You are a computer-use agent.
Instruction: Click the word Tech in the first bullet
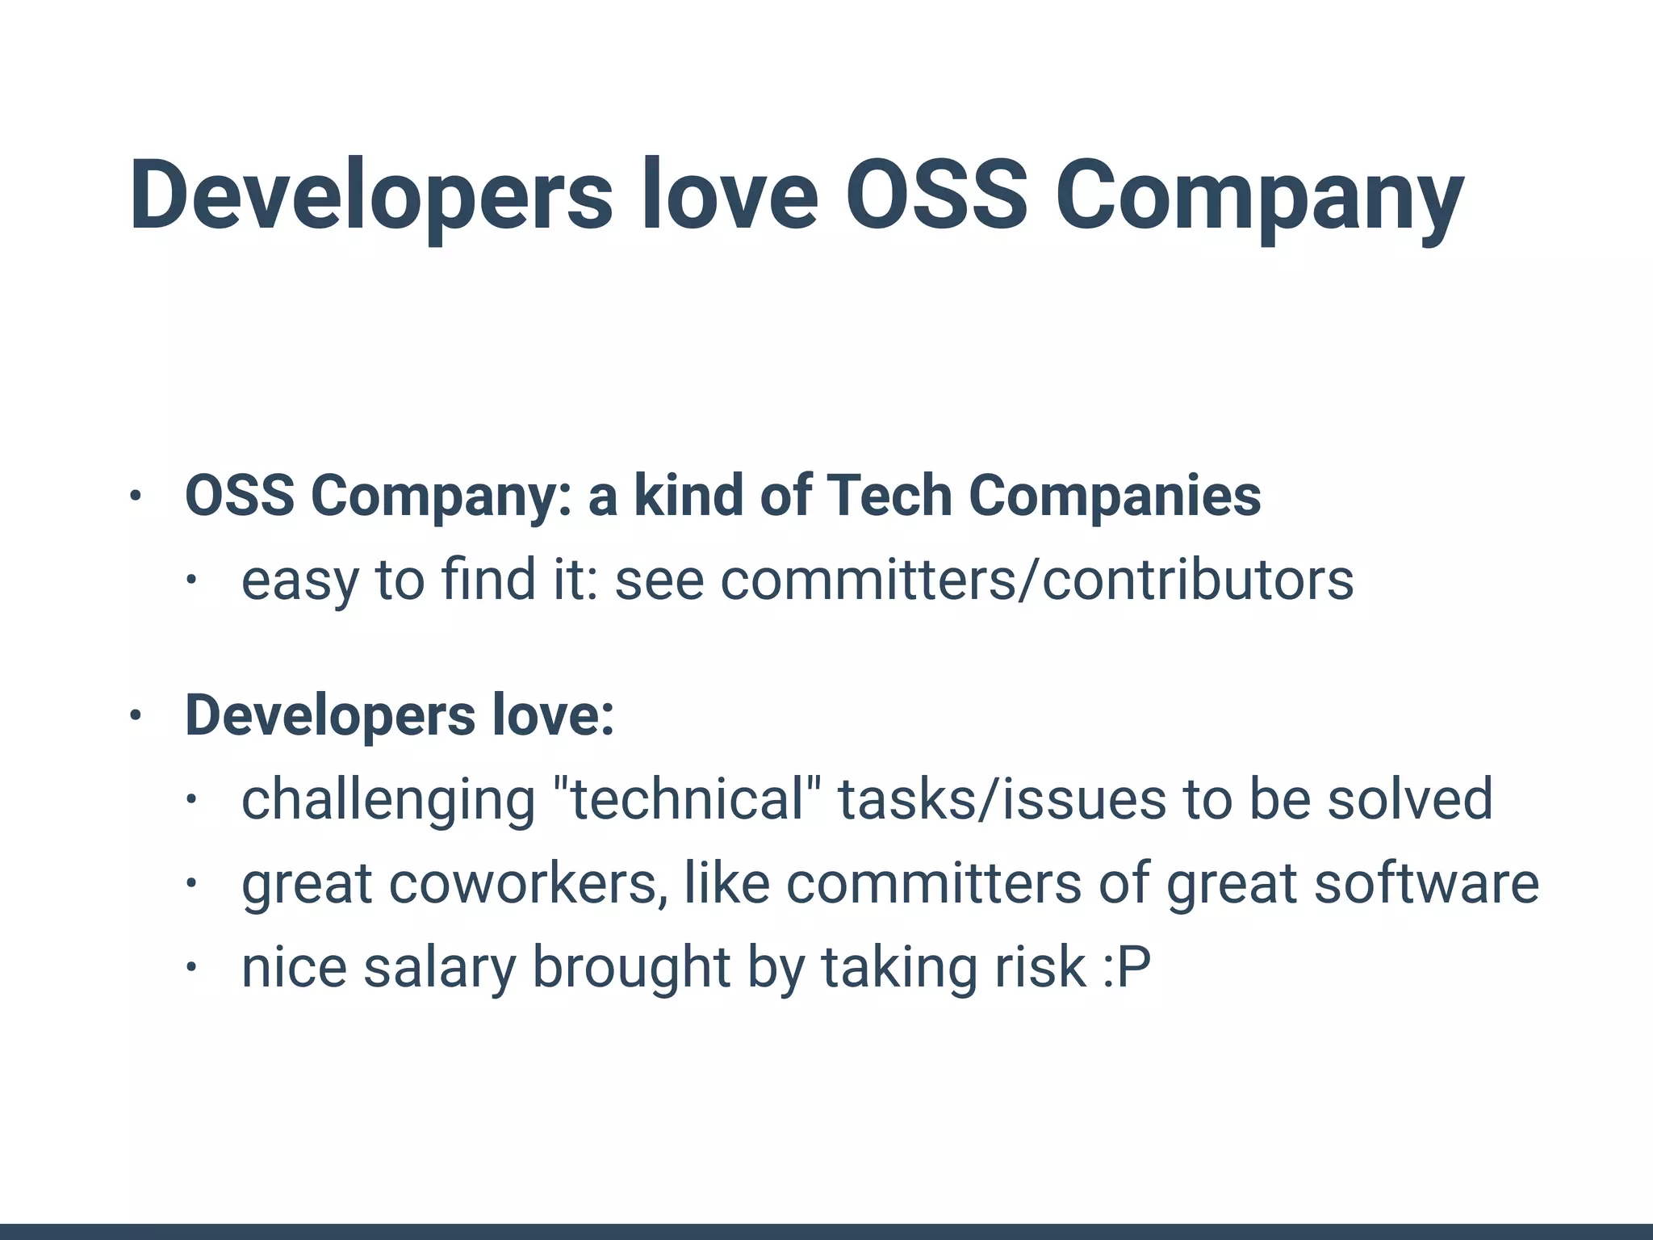pyautogui.click(x=888, y=495)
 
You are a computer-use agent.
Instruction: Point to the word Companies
pyautogui.click(x=1115, y=495)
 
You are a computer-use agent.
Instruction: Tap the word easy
pyautogui.click(x=299, y=581)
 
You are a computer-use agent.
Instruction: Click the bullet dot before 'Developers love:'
pyautogui.click(x=136, y=715)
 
